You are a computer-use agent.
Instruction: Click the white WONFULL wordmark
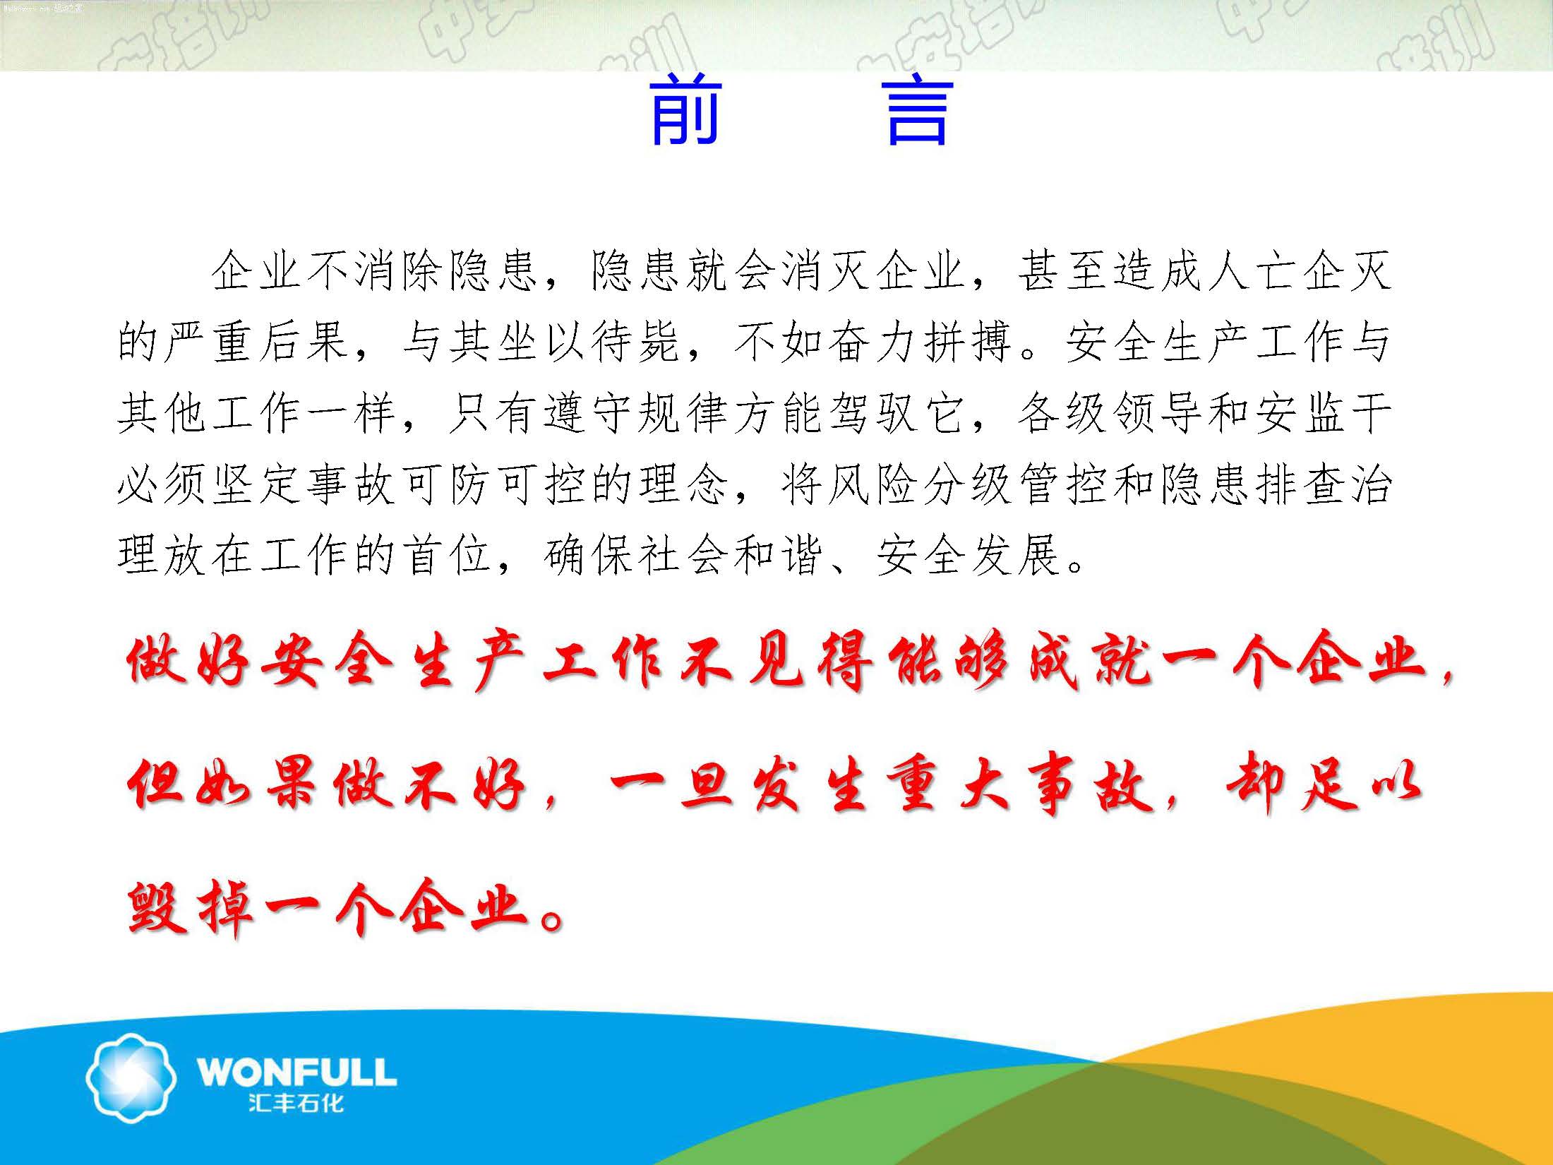[x=296, y=1071]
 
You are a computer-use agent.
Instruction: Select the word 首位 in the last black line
[x=447, y=556]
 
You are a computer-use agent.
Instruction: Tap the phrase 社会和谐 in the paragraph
[x=731, y=556]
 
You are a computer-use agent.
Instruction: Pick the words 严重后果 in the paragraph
[x=257, y=342]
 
